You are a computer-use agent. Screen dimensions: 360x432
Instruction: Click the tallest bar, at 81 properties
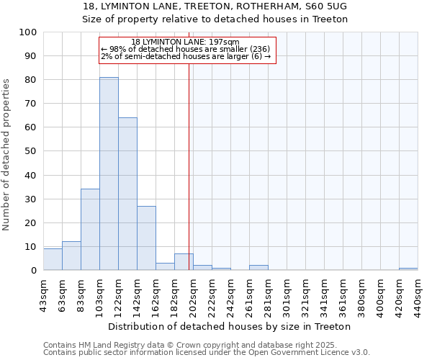pyautogui.click(x=109, y=173)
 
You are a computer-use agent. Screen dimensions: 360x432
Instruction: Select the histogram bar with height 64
pyautogui.click(x=127, y=194)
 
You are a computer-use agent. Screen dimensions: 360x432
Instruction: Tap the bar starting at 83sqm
pyautogui.click(x=90, y=230)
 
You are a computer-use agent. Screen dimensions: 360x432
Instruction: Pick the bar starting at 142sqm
pyautogui.click(x=146, y=238)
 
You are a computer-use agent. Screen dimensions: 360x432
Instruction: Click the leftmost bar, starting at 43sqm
pyautogui.click(x=53, y=259)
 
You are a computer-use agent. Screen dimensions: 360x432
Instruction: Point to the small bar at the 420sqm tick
pyautogui.click(x=408, y=269)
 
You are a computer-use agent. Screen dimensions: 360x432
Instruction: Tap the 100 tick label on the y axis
pyautogui.click(x=30, y=32)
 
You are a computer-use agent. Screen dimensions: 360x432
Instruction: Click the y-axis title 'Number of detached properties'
pyautogui.click(x=6, y=155)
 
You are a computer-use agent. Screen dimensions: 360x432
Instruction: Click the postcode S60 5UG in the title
pyautogui.click(x=328, y=6)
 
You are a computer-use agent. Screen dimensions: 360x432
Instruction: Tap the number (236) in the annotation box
pyautogui.click(x=259, y=49)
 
